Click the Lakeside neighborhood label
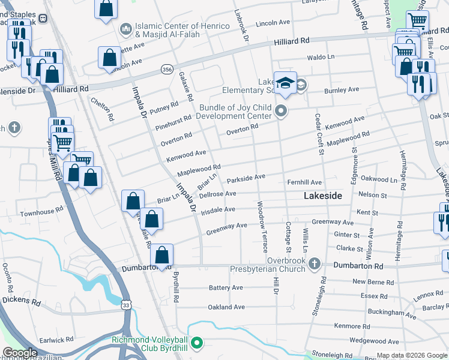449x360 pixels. [322, 196]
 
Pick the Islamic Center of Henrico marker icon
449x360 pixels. [125, 28]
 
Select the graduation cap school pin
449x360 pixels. [285, 83]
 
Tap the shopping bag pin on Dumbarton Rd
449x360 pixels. [162, 255]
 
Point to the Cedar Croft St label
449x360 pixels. [319, 134]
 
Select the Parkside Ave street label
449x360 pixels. [246, 178]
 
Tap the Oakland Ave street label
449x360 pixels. [226, 307]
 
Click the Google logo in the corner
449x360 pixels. [20, 353]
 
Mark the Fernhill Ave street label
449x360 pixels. [304, 182]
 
